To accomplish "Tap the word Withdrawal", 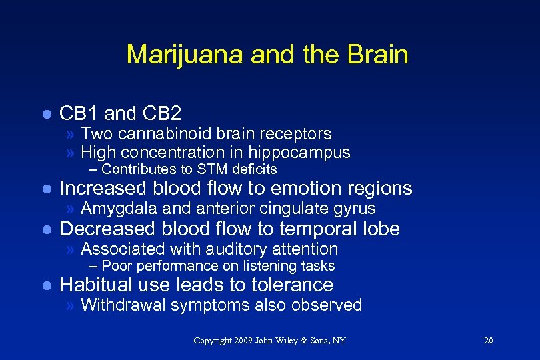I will [x=122, y=305].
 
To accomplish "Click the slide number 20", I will [x=488, y=341].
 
